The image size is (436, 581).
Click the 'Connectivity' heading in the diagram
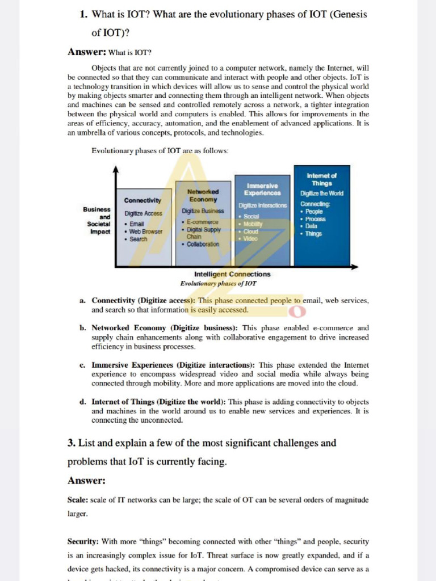[x=142, y=200]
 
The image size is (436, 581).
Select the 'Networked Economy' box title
[x=203, y=196]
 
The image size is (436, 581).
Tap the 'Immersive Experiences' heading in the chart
[x=262, y=190]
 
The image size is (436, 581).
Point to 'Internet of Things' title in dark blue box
[x=322, y=180]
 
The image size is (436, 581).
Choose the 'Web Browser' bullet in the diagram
[x=145, y=231]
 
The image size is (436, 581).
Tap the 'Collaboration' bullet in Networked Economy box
[x=203, y=244]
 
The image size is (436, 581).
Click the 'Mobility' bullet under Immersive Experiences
[x=253, y=224]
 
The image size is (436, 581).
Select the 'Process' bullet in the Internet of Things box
[x=315, y=218]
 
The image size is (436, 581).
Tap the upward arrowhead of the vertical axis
[x=116, y=169]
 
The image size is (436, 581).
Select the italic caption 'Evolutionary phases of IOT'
[x=219, y=283]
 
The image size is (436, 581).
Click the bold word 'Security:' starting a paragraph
[x=83, y=542]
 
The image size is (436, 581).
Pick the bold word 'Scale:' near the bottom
[x=78, y=500]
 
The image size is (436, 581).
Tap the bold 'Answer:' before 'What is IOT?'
[x=87, y=52]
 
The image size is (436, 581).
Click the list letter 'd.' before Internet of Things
[x=83, y=402]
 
